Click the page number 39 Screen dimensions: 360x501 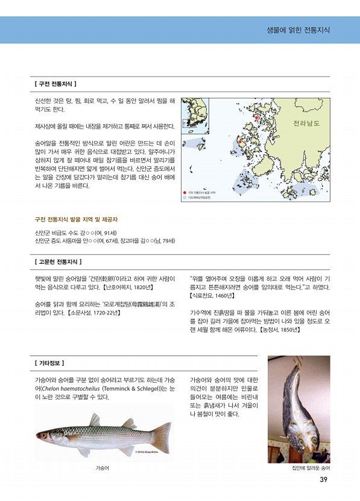click(323, 480)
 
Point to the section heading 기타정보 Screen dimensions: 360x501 click(51, 363)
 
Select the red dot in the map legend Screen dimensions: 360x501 click(185, 193)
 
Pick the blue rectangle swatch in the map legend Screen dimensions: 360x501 click(185, 197)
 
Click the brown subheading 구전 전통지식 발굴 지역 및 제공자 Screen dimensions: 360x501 click(77, 219)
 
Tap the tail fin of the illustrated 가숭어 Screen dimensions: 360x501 click(162, 433)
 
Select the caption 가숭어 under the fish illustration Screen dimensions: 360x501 click(101, 468)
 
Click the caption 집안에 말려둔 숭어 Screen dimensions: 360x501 click(311, 468)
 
